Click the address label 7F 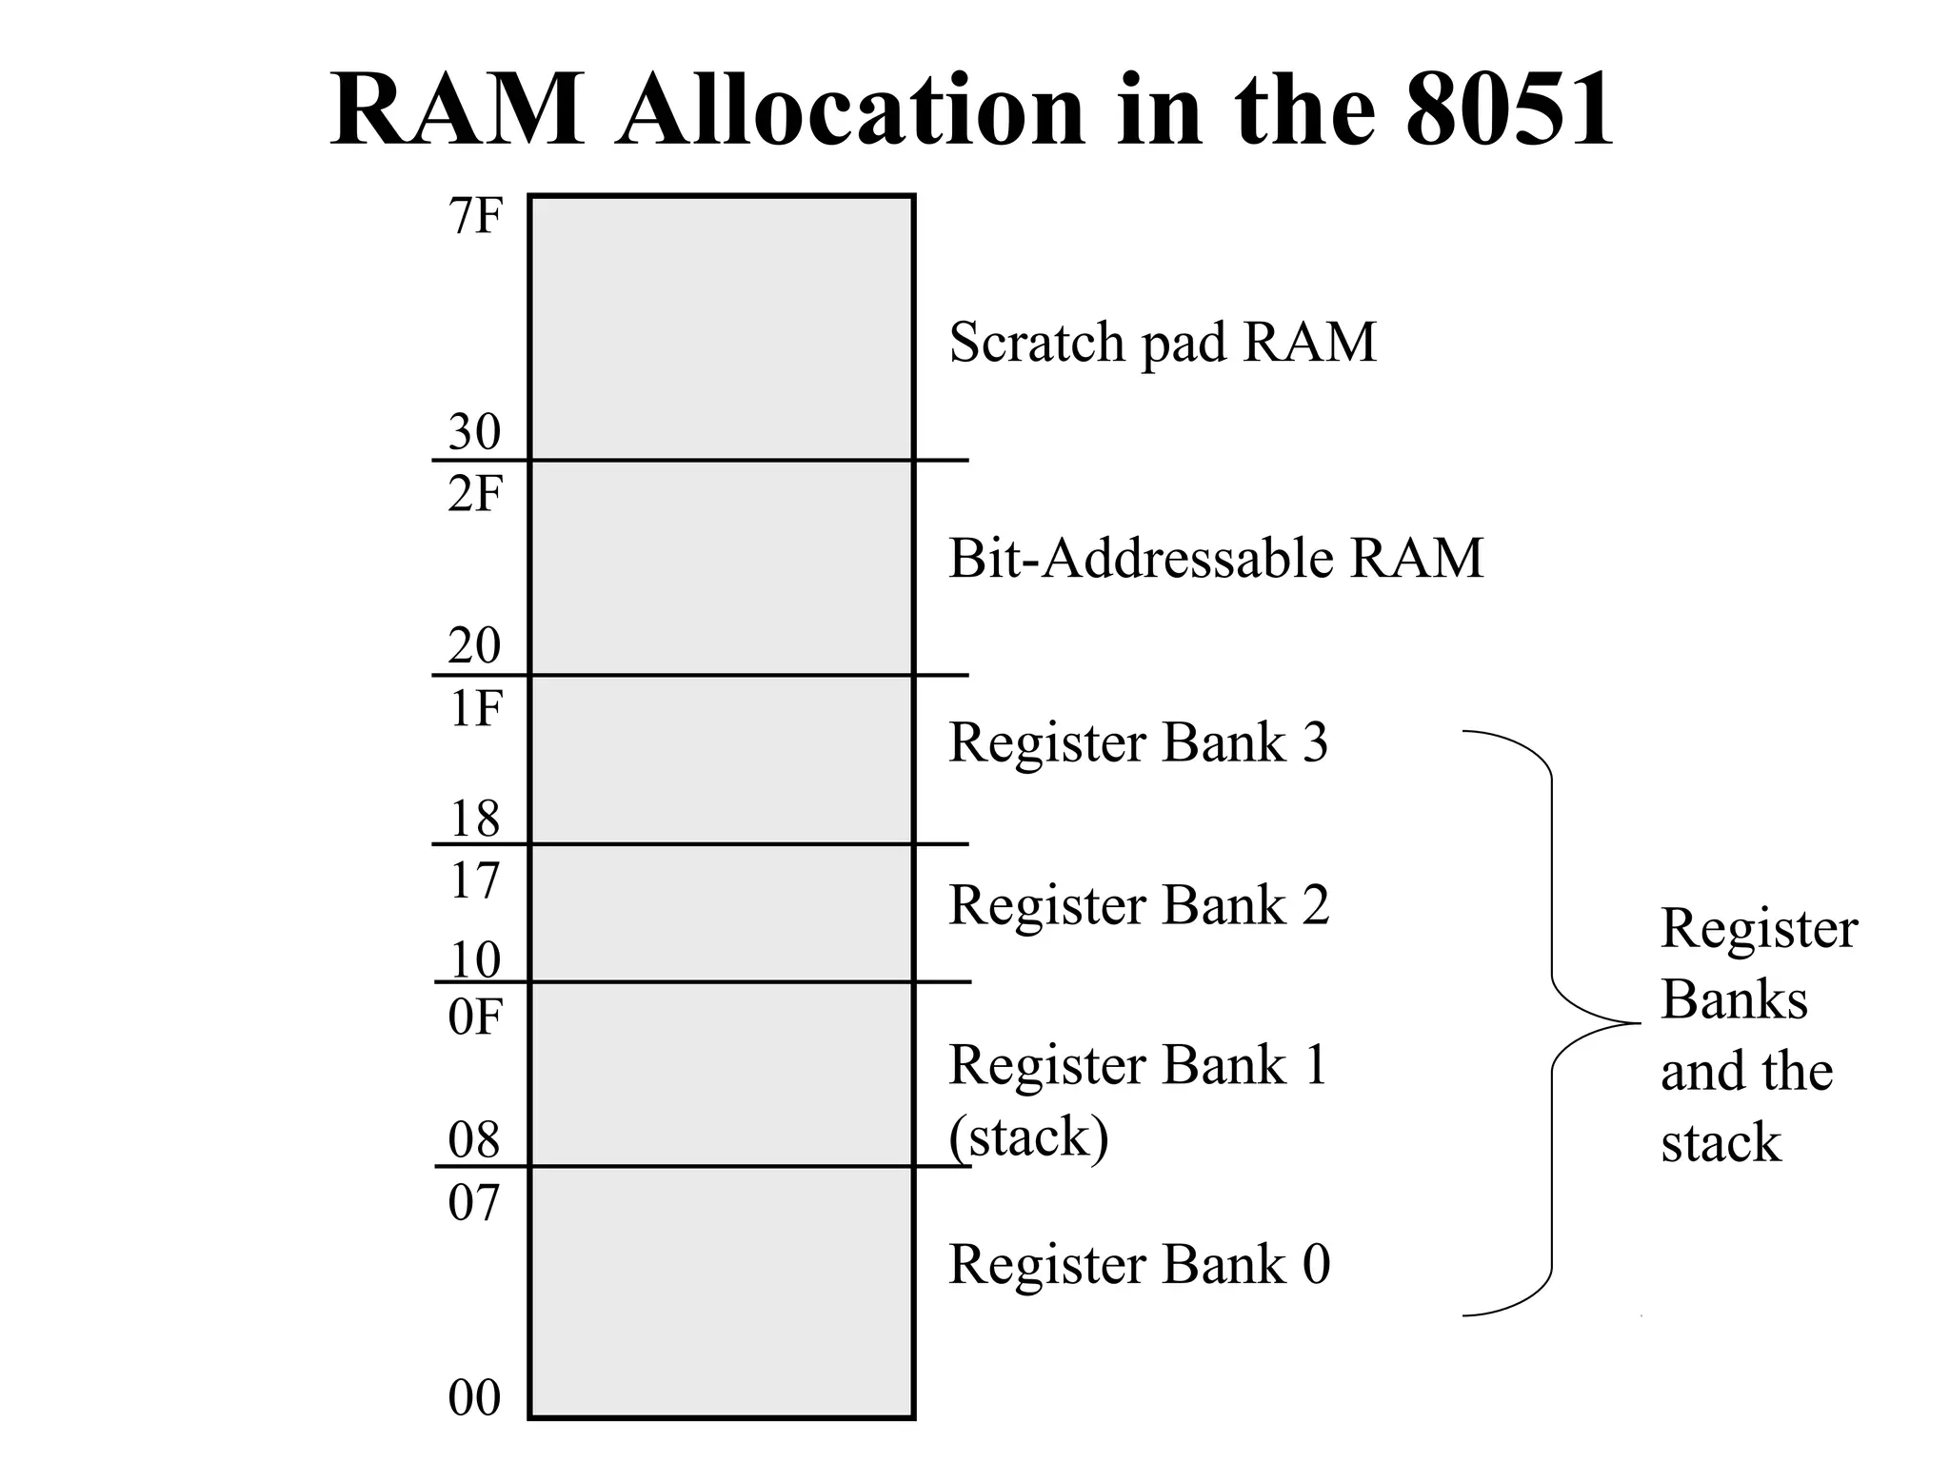click(x=474, y=217)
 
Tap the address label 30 click(x=474, y=432)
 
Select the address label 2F click(x=474, y=495)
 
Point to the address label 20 click(x=474, y=646)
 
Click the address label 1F click(x=474, y=709)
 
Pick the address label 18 click(x=474, y=819)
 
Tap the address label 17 click(x=474, y=881)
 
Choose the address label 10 click(x=474, y=960)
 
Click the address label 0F click(x=474, y=1018)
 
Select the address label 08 click(x=474, y=1140)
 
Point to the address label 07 click(x=474, y=1203)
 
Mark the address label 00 click(x=474, y=1398)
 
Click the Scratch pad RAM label click(x=1163, y=343)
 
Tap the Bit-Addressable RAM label click(x=1216, y=559)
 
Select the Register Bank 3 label click(x=1138, y=742)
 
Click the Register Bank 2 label click(x=1138, y=905)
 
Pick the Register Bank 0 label click(x=1139, y=1265)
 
